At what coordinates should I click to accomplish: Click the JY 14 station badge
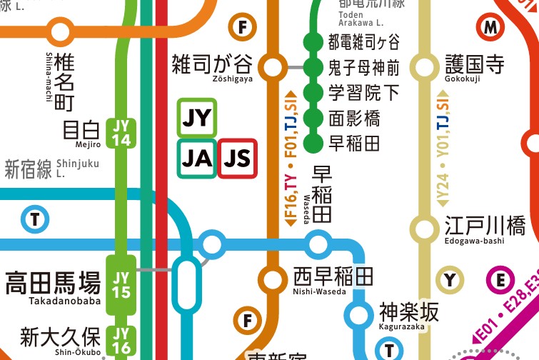[121, 132]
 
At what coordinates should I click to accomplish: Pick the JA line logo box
[196, 159]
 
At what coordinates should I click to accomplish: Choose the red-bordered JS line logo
[238, 159]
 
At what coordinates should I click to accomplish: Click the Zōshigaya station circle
[271, 68]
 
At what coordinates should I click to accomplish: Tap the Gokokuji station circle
[425, 68]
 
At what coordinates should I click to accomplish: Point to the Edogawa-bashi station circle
[425, 229]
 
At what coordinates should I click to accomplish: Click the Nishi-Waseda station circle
[271, 278]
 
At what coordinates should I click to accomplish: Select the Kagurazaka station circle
[358, 314]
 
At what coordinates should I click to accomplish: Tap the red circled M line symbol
[490, 28]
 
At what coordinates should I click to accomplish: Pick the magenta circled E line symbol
[500, 280]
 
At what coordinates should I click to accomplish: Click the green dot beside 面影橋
[313, 118]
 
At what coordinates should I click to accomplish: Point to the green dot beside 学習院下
[313, 93]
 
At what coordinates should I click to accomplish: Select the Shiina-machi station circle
[61, 32]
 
